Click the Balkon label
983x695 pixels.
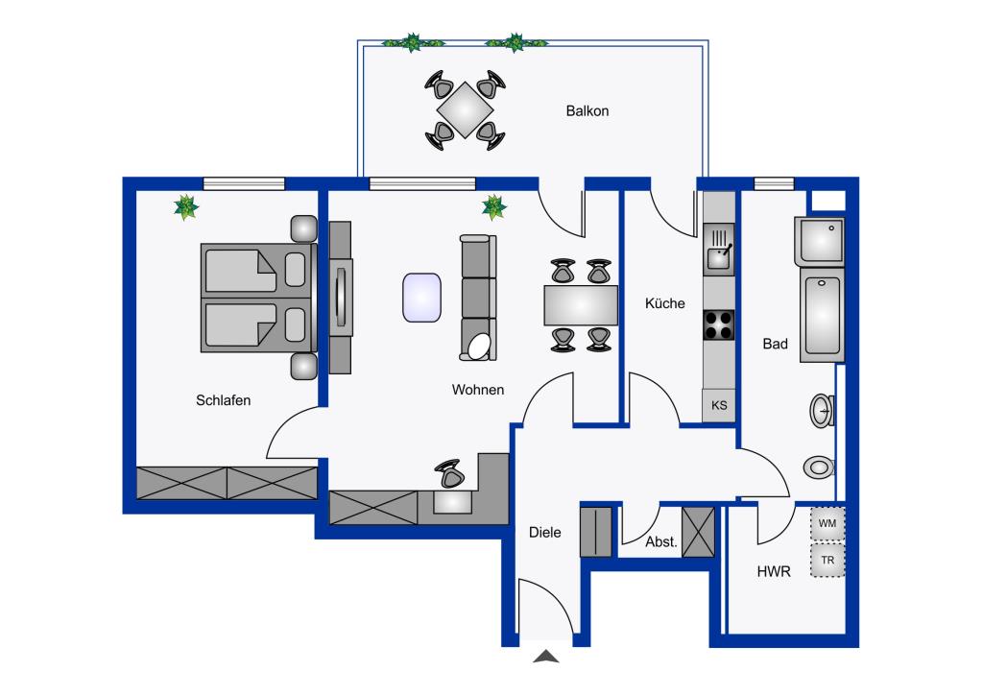(x=587, y=111)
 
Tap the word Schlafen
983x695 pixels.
(x=223, y=400)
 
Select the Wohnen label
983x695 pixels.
(x=478, y=390)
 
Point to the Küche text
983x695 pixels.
(x=664, y=303)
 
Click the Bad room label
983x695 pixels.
(x=775, y=344)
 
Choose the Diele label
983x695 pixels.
(x=545, y=533)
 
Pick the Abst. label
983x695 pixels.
(x=661, y=542)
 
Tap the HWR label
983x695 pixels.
(x=774, y=571)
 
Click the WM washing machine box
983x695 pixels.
(x=827, y=523)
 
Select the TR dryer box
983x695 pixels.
(x=827, y=561)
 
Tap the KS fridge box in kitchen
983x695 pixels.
(x=718, y=405)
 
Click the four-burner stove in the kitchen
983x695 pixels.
(x=718, y=325)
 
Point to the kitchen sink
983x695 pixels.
(x=718, y=250)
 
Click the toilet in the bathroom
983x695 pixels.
(x=819, y=467)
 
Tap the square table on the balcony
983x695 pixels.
(x=466, y=110)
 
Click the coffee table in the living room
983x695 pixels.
(x=422, y=298)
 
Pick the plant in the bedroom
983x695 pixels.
(x=186, y=207)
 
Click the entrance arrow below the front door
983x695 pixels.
(x=546, y=657)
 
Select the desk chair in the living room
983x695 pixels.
(x=449, y=474)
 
